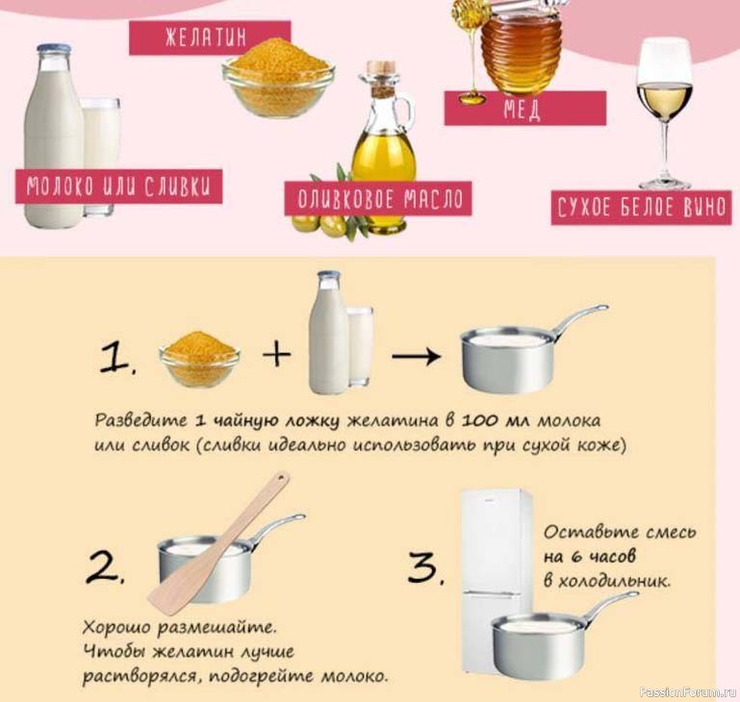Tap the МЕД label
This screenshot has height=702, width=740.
pos(524,109)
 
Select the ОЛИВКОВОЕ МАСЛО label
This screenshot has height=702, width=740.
pos(378,199)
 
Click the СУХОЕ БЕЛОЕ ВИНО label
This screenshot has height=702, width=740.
pos(641,208)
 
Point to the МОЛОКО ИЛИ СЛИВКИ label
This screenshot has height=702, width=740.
pos(118,187)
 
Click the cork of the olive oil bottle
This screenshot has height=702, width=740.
pos(381,67)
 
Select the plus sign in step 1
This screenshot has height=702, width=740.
pos(276,354)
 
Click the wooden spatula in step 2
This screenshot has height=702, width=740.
pos(218,543)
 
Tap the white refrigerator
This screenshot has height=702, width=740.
pos(497,580)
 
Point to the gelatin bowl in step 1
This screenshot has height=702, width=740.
pos(199,360)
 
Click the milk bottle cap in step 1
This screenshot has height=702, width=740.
pos(329,276)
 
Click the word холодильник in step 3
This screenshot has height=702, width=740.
pos(614,581)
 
